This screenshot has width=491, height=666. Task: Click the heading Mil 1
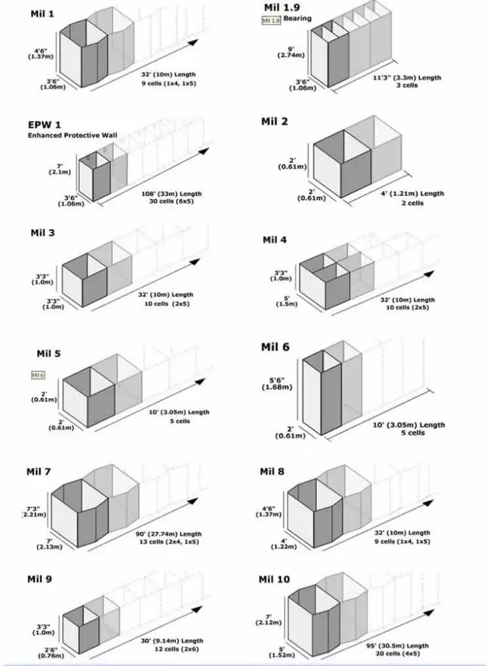(43, 14)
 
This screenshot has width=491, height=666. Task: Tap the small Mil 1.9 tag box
(270, 21)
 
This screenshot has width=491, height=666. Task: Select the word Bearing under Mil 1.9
(297, 19)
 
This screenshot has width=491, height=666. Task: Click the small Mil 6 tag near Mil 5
(38, 376)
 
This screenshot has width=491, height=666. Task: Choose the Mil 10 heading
(274, 579)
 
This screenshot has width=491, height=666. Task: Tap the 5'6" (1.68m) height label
(289, 385)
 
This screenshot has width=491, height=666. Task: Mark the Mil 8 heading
(272, 472)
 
